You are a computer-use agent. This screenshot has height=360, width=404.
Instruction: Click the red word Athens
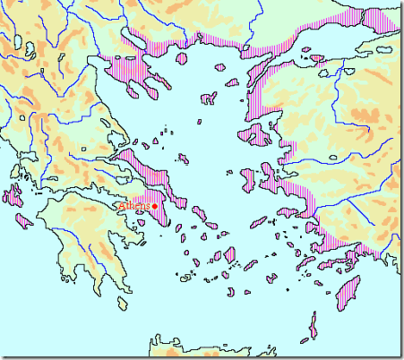[x=135, y=207]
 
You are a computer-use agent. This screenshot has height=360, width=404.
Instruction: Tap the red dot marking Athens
[x=156, y=207]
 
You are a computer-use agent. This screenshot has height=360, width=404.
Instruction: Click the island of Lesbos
[x=260, y=136]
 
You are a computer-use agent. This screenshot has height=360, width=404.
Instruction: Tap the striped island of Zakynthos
[x=24, y=220]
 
